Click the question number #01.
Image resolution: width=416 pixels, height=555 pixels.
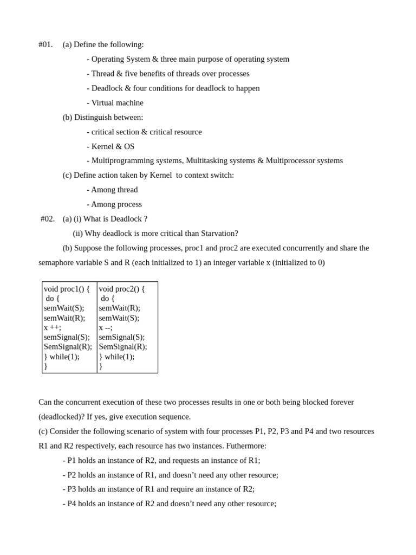pyautogui.click(x=45, y=44)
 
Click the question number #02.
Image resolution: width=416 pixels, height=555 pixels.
pyautogui.click(x=48, y=219)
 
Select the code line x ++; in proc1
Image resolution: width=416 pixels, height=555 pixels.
pyautogui.click(x=53, y=328)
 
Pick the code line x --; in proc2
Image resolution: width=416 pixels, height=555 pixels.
pyautogui.click(x=106, y=328)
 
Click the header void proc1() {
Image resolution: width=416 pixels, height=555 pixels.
pyautogui.click(x=67, y=289)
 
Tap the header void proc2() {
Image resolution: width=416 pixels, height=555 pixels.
pyautogui.click(x=122, y=289)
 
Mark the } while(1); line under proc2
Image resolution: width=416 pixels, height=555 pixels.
pyautogui.click(x=116, y=357)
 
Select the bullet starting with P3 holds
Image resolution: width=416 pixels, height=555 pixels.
pyautogui.click(x=159, y=489)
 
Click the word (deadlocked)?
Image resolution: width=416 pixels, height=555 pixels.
pyautogui.click(x=61, y=417)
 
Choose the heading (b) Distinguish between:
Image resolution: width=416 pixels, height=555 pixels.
pyautogui.click(x=103, y=118)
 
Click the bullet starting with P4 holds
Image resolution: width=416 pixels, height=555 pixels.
pyautogui.click(x=170, y=504)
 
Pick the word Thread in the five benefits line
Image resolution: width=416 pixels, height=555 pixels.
pyautogui.click(x=103, y=74)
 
